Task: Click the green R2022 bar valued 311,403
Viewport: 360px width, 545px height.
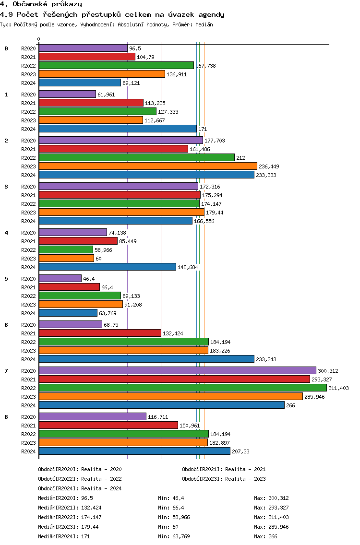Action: click(182, 388)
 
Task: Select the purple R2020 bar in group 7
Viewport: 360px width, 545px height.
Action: click(177, 370)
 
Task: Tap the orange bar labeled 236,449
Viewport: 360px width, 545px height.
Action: click(148, 166)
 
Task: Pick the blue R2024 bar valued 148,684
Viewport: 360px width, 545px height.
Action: click(107, 267)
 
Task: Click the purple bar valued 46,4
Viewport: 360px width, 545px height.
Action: click(60, 278)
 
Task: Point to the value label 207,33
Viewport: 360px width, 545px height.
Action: click(240, 451)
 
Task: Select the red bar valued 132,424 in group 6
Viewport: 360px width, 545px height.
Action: click(100, 333)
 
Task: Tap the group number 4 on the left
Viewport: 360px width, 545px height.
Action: click(6, 233)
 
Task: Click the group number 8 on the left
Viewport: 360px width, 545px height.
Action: click(6, 417)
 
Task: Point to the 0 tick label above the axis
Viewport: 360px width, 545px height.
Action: click(39, 39)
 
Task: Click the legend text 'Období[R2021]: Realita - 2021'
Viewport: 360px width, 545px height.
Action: click(224, 469)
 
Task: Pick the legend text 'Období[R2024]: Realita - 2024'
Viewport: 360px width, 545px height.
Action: click(80, 488)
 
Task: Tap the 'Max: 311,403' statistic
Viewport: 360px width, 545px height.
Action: click(273, 517)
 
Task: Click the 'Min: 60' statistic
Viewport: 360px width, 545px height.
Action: click(168, 527)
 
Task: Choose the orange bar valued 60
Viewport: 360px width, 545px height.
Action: click(66, 258)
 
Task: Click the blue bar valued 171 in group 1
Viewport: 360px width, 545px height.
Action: click(118, 129)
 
